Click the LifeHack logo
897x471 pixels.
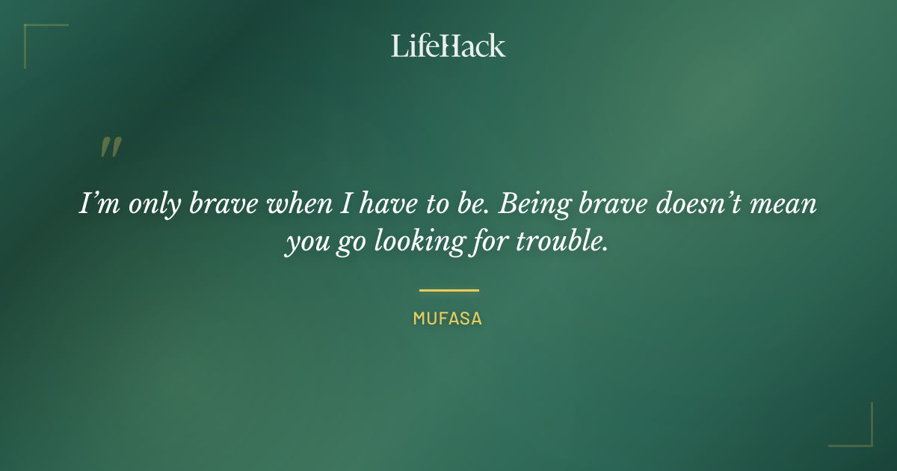[x=448, y=46]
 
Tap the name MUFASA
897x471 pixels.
[x=448, y=318]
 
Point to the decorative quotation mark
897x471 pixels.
[x=110, y=147]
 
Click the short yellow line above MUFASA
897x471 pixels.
[x=449, y=290]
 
